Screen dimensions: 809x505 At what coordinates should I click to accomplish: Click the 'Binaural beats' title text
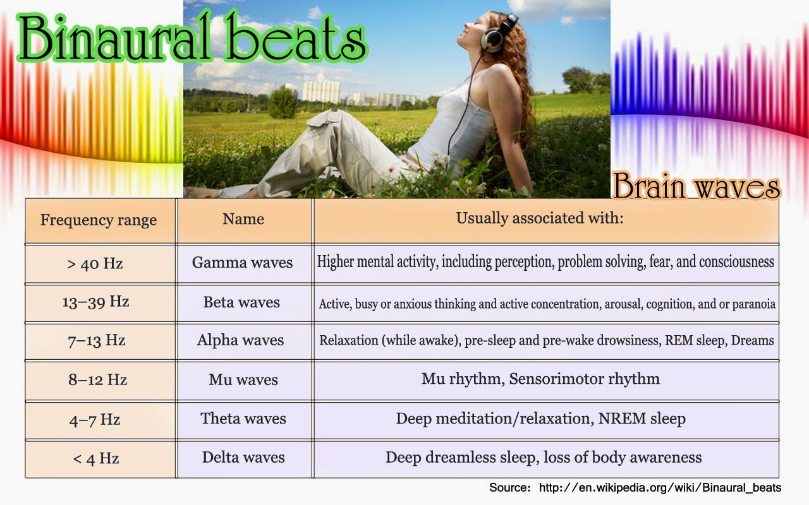click(192, 37)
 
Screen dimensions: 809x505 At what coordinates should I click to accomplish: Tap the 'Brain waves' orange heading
click(696, 186)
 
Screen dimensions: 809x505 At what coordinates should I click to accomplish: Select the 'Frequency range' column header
click(99, 220)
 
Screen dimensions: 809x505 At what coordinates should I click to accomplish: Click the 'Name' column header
click(243, 219)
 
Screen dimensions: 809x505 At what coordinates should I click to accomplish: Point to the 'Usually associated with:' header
click(540, 218)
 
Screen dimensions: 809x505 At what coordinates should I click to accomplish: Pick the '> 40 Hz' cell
click(95, 264)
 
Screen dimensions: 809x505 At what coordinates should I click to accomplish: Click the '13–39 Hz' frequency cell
click(95, 302)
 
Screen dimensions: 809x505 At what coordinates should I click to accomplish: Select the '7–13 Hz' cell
click(97, 340)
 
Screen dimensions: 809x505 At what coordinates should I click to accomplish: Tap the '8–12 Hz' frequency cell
click(97, 380)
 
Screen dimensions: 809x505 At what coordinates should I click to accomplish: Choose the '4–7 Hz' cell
click(95, 420)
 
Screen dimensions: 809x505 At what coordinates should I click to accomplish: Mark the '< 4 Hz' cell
click(95, 459)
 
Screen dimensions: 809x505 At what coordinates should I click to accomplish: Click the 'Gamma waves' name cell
click(242, 262)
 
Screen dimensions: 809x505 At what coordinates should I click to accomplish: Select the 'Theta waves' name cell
click(243, 419)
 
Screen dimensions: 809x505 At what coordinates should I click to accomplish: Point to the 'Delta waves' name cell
click(243, 458)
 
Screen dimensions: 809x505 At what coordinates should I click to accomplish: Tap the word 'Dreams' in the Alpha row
click(752, 340)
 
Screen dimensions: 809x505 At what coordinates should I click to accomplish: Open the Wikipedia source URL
click(660, 488)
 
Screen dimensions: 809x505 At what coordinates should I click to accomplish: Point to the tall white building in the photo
click(320, 88)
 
